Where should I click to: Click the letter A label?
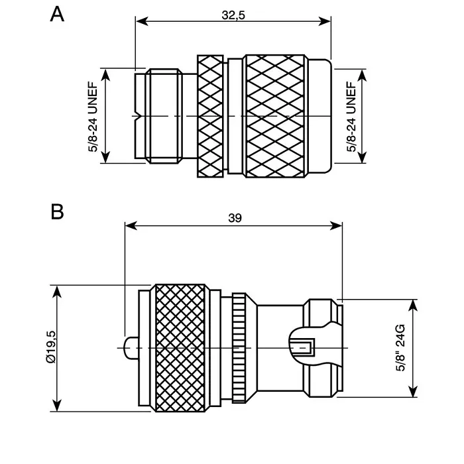click(58, 14)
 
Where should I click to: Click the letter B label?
click(58, 212)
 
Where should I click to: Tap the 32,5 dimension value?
click(233, 16)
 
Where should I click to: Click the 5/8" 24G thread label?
click(400, 348)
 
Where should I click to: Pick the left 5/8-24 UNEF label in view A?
click(93, 117)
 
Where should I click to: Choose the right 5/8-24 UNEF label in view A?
click(352, 117)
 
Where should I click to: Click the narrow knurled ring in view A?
click(211, 117)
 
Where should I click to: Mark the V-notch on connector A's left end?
click(137, 117)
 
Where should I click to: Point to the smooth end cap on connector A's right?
click(321, 117)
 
